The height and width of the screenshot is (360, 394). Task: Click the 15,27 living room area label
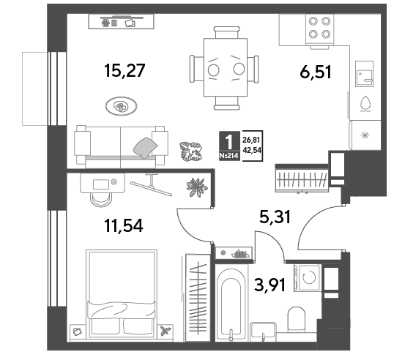(x=124, y=70)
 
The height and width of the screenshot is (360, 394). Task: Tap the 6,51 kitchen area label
(x=316, y=72)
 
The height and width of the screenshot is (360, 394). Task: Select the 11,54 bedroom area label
(x=123, y=225)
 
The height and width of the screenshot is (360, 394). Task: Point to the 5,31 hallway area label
(x=275, y=217)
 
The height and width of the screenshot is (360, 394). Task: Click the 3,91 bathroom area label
(x=270, y=285)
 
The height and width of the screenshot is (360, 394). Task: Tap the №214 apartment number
(x=228, y=156)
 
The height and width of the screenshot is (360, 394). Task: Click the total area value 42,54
(x=252, y=150)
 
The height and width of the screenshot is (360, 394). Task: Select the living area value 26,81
(x=251, y=140)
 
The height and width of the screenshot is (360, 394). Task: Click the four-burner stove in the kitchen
(x=319, y=29)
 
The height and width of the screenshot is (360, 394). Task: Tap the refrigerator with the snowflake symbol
(x=365, y=135)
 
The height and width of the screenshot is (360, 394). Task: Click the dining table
(x=226, y=67)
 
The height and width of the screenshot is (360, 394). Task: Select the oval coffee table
(x=122, y=106)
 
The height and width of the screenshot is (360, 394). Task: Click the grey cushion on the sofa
(x=145, y=148)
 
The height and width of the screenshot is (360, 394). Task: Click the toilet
(x=297, y=318)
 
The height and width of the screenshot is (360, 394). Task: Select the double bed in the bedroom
(x=122, y=293)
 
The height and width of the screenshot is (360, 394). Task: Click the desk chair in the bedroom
(x=101, y=200)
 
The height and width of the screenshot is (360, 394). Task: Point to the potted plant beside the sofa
(x=191, y=151)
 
